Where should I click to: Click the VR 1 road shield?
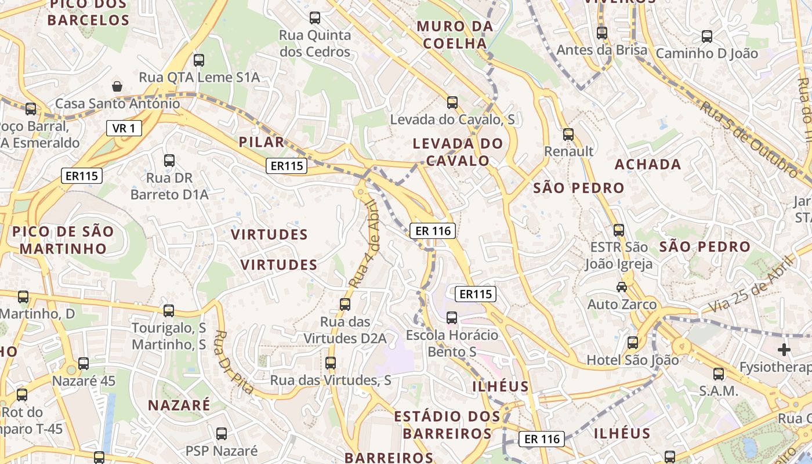[124, 128]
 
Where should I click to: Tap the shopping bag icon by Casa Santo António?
[117, 86]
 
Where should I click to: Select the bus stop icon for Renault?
[568, 135]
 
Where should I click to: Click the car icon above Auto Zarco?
[622, 287]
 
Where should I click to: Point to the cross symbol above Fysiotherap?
[784, 350]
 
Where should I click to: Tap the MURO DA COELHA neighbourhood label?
[455, 35]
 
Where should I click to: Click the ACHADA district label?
[648, 165]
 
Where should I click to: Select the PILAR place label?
[262, 142]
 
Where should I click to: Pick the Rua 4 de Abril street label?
[364, 244]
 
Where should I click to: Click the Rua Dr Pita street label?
[234, 362]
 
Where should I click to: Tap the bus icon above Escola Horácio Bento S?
[452, 318]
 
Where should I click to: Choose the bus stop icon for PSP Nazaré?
[222, 434]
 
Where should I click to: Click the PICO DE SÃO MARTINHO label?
[63, 240]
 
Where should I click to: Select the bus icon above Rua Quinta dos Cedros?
[315, 18]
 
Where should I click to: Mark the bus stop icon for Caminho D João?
[707, 37]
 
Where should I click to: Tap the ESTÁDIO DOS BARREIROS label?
[447, 425]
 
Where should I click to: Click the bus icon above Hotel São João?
[633, 343]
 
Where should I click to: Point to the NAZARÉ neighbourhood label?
[179, 405]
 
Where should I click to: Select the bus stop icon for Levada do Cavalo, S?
[452, 103]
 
